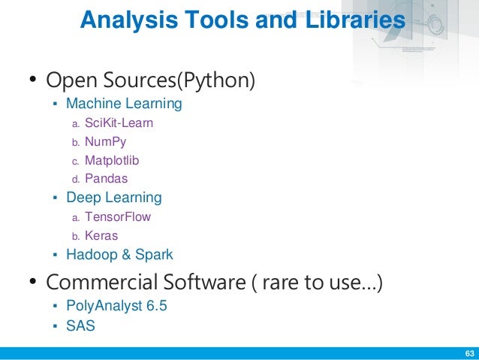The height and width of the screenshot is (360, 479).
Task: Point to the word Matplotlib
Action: [x=112, y=160]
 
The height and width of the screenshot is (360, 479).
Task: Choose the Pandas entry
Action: [x=106, y=179]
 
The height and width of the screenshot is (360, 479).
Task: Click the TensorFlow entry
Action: [x=118, y=216]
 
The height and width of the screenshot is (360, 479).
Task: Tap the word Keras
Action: [x=101, y=235]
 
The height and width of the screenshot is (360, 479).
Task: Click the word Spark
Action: [x=154, y=255]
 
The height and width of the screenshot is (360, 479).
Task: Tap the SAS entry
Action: [x=80, y=326]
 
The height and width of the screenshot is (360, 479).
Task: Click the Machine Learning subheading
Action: [x=124, y=103]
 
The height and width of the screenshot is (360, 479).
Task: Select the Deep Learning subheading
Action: [x=114, y=198]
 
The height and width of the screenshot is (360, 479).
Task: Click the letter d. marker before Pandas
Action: [x=74, y=180]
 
